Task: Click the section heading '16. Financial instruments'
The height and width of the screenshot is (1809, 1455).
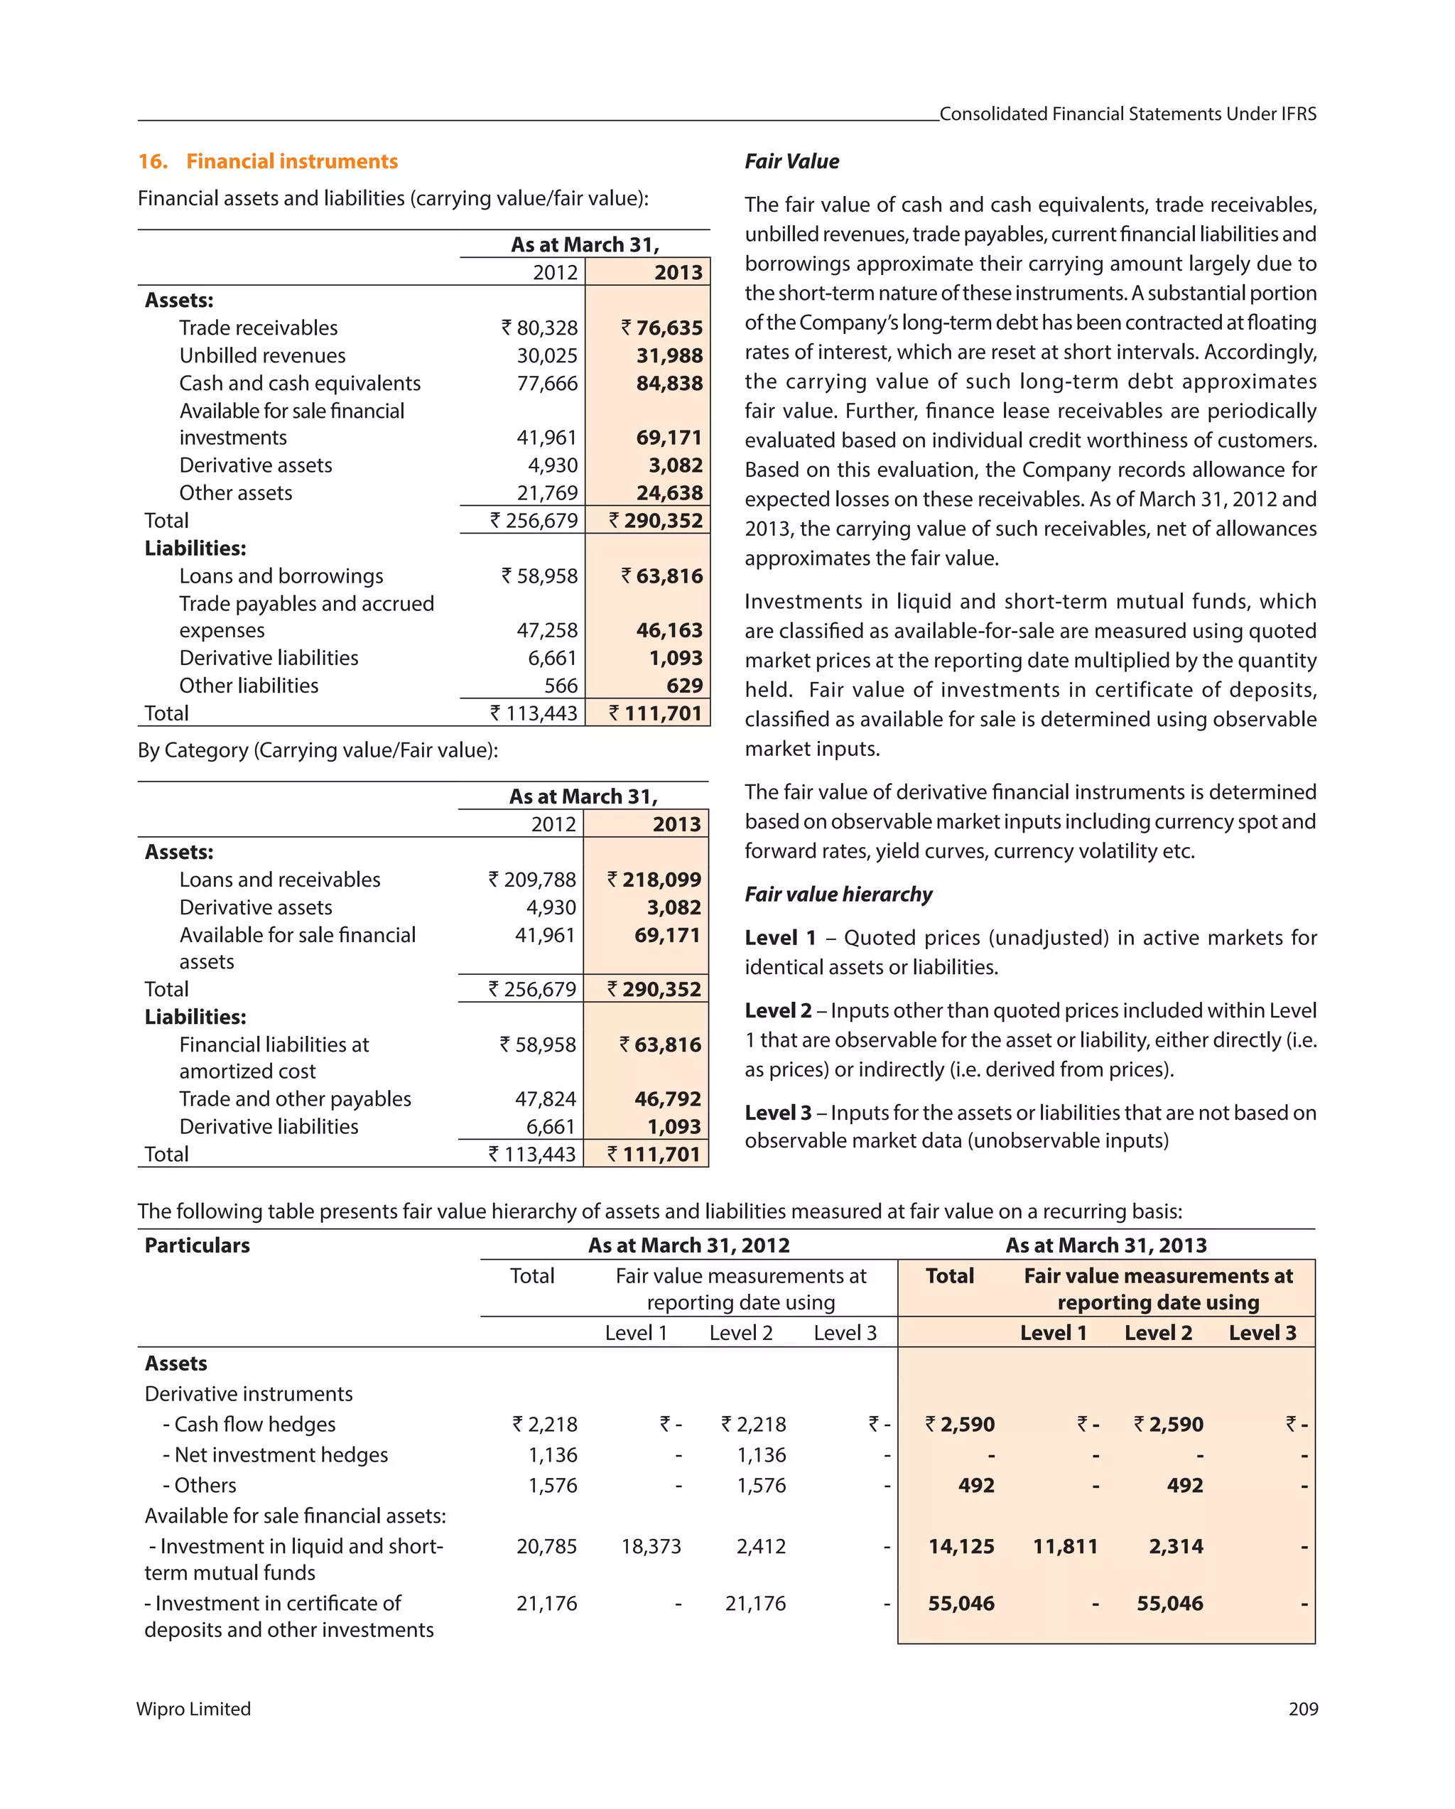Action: click(268, 161)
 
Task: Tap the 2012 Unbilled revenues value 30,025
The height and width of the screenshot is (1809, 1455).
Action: click(546, 356)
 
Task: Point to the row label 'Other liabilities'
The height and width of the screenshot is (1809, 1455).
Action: click(249, 686)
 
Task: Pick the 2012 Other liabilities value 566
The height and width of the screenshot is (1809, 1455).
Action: click(561, 686)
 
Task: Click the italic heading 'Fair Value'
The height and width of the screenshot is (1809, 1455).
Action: click(791, 161)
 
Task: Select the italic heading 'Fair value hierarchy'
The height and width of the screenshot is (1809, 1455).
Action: click(838, 895)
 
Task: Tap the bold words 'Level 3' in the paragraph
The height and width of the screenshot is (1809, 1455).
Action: click(777, 1113)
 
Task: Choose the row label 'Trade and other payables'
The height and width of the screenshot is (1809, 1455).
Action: click(295, 1099)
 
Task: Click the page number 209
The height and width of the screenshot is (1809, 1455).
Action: click(1302, 1709)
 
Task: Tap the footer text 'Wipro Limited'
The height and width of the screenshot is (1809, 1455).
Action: click(194, 1709)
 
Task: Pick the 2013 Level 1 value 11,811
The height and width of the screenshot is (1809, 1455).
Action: click(1064, 1546)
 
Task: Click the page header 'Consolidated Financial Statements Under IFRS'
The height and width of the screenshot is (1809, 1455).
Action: click(1127, 114)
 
